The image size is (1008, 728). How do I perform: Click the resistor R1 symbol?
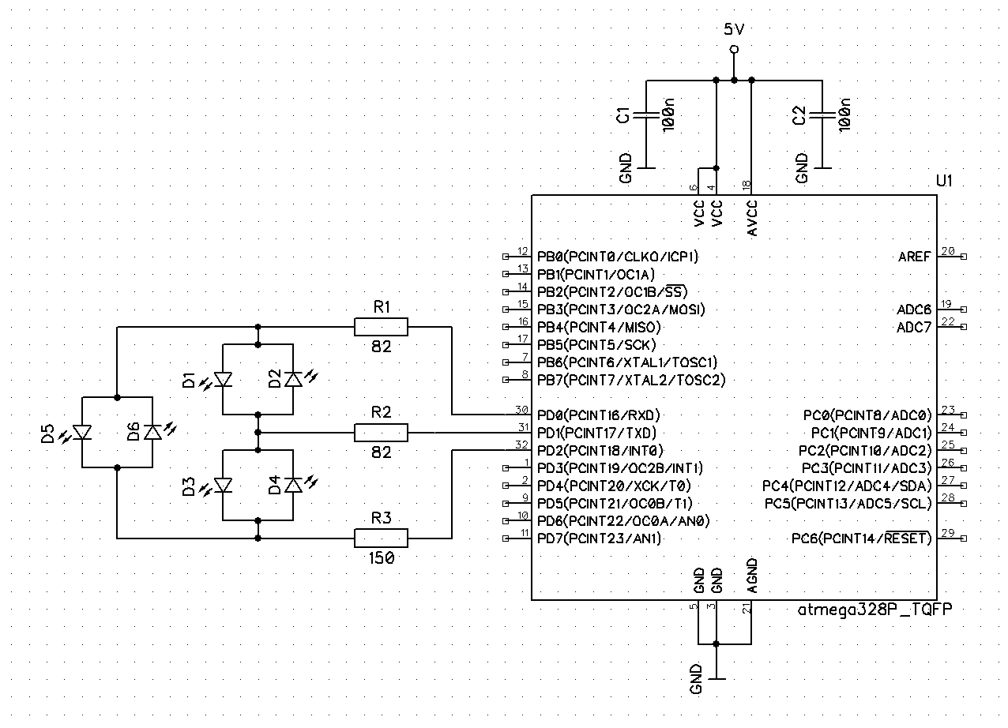(381, 326)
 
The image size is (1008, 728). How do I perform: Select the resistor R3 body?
(381, 538)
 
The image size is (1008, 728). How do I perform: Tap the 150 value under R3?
(381, 557)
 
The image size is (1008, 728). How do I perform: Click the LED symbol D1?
(224, 380)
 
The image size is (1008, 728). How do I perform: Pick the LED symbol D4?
(293, 485)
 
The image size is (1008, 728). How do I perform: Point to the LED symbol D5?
(83, 432)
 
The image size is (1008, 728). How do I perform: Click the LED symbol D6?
(152, 432)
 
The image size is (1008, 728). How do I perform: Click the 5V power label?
(734, 30)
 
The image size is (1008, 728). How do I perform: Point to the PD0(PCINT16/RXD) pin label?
(598, 415)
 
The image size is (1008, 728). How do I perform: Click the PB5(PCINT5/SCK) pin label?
(596, 345)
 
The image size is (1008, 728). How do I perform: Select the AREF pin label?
(914, 257)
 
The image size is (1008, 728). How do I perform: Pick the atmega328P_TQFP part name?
(874, 610)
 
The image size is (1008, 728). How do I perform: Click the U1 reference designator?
(944, 181)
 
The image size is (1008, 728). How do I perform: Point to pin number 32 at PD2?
(521, 445)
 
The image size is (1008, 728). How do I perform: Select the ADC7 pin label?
(914, 328)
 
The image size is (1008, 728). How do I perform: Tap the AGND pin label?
(751, 576)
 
